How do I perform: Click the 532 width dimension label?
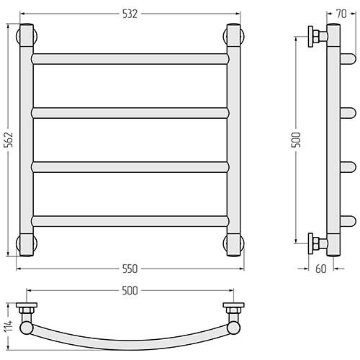[130, 14]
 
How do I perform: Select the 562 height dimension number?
[9, 140]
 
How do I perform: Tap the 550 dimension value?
[130, 269]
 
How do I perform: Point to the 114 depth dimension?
[9, 326]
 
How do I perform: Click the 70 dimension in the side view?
[341, 14]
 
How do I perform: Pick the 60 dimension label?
[321, 269]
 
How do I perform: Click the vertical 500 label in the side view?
[296, 140]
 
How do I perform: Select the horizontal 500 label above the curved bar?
[130, 291]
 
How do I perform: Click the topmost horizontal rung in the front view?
[130, 59]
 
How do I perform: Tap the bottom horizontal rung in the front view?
[130, 221]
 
